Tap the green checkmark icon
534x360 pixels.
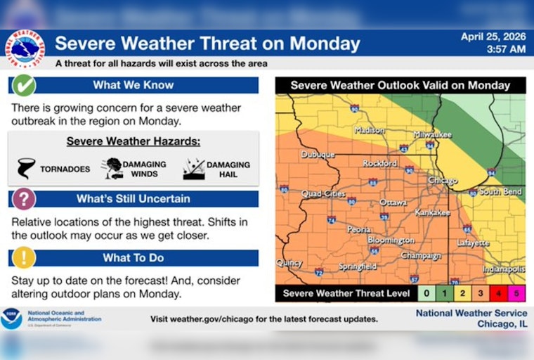(23, 85)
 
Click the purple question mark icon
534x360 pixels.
(23, 198)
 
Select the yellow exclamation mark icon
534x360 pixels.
(23, 257)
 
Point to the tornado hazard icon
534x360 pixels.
(27, 168)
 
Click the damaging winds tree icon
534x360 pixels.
(112, 168)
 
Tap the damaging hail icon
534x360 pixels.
(193, 168)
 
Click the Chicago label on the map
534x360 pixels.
(443, 181)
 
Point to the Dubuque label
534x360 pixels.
(318, 154)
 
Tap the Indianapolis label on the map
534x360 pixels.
(504, 269)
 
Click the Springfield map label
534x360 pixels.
(357, 266)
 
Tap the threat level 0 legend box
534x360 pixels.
(426, 293)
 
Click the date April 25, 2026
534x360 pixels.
(493, 37)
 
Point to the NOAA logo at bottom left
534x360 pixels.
(11, 319)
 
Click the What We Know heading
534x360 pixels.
(133, 85)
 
